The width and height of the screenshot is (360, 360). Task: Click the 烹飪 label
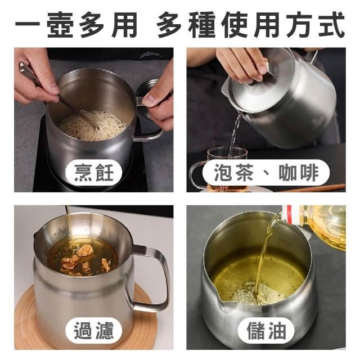(x=94, y=173)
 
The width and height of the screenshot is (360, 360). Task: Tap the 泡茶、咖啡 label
(x=266, y=173)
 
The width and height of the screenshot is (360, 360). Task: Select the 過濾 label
(x=94, y=331)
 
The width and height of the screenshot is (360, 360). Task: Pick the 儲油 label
(x=266, y=331)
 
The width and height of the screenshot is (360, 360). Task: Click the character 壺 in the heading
(x=60, y=25)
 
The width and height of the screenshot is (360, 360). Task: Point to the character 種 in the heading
(x=202, y=25)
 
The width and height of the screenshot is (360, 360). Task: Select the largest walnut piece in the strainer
(x=85, y=250)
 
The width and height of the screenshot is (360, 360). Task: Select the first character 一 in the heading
(x=28, y=25)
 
